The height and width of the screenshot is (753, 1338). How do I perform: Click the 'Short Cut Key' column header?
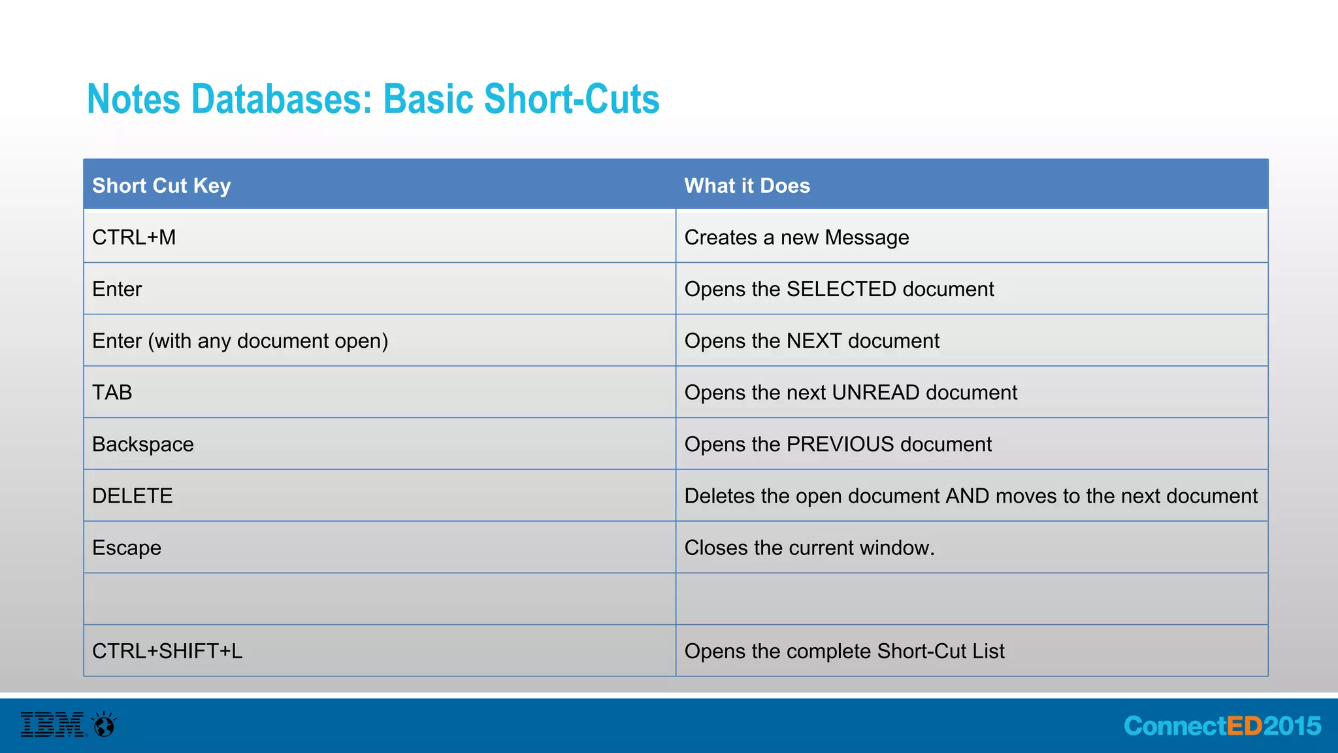pyautogui.click(x=161, y=186)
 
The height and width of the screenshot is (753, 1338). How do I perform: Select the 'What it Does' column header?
pyautogui.click(x=747, y=186)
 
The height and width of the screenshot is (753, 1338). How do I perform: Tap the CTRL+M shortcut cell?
pyautogui.click(x=134, y=237)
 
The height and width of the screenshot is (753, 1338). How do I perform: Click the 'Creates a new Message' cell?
pyautogui.click(x=796, y=237)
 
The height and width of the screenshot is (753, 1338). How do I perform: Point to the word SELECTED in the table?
pyautogui.click(x=841, y=289)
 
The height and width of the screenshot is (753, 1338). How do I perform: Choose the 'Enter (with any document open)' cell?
pyautogui.click(x=240, y=341)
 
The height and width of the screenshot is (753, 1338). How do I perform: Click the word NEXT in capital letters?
pyautogui.click(x=813, y=341)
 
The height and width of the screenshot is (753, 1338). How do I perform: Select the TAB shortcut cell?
pyautogui.click(x=112, y=392)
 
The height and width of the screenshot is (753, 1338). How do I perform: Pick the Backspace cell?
pyautogui.click(x=143, y=444)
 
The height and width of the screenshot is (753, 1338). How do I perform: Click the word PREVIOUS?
pyautogui.click(x=840, y=444)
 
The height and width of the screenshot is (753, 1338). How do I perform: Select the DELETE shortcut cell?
pyautogui.click(x=133, y=496)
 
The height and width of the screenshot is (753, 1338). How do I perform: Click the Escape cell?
pyautogui.click(x=127, y=548)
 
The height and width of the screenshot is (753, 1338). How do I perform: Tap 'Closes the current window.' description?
pyautogui.click(x=809, y=548)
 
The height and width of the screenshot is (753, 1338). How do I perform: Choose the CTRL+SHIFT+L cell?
pyautogui.click(x=167, y=651)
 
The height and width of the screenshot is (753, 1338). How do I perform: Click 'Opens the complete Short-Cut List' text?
pyautogui.click(x=844, y=651)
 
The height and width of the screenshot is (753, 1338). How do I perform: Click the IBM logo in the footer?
pyautogui.click(x=53, y=725)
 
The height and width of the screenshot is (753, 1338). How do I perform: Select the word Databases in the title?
pyautogui.click(x=281, y=99)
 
